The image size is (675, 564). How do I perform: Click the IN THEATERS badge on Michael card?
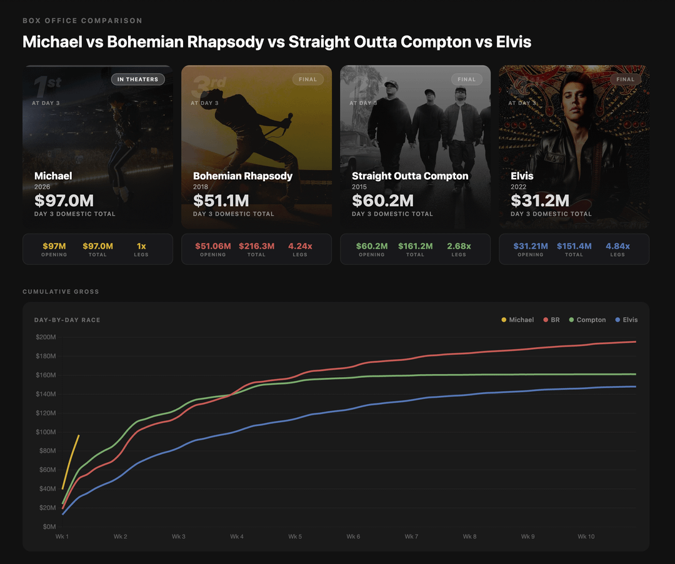(138, 79)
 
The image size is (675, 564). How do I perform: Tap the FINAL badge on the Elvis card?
(625, 79)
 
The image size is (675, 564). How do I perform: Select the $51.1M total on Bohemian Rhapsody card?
(221, 200)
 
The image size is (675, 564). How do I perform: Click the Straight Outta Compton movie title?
(410, 176)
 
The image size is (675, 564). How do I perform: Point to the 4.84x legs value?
(617, 246)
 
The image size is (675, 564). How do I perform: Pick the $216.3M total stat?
(256, 246)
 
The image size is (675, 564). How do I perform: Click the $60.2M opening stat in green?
(372, 246)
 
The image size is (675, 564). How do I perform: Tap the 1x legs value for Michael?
(141, 246)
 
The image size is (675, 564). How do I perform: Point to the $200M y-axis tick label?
(46, 337)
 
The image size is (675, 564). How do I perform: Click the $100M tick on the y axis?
(46, 432)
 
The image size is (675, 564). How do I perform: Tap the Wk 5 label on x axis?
(295, 537)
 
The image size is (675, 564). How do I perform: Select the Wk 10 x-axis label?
(586, 537)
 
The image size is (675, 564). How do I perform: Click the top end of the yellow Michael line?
(79, 435)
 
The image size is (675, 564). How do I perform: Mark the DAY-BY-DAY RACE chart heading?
(67, 320)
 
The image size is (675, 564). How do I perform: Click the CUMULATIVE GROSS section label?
(61, 292)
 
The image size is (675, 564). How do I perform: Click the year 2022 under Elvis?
(518, 187)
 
